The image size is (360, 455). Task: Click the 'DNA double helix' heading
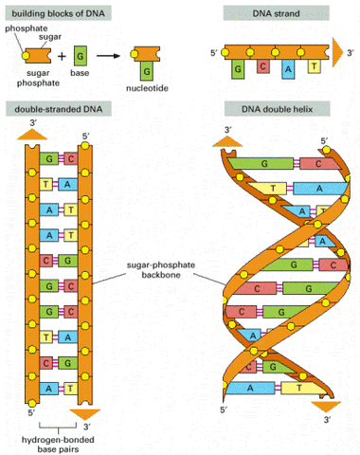pos(273,111)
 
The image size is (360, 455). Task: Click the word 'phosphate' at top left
pos(22,29)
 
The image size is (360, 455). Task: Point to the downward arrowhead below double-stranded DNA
pos(83,412)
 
